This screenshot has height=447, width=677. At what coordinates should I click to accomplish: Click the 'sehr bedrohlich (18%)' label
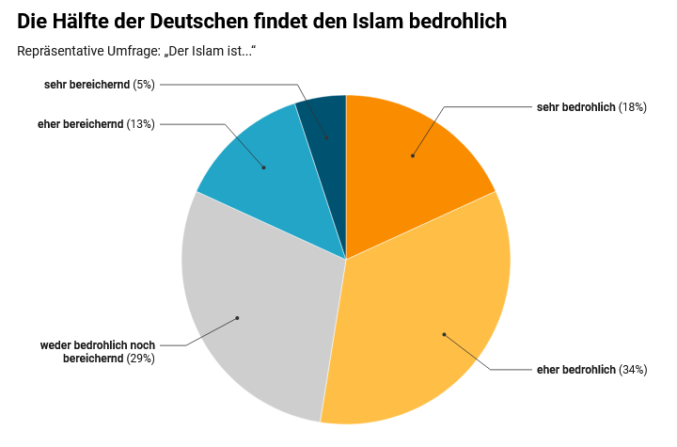coord(590,107)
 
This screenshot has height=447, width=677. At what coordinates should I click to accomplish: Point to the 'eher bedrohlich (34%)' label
coord(590,369)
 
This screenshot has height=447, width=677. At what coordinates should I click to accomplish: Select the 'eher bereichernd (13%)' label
coord(96,123)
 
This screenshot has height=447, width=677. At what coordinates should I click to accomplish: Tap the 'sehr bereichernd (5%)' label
coord(99,85)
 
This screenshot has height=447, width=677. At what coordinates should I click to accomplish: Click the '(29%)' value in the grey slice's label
coord(139,358)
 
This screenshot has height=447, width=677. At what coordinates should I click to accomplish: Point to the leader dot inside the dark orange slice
coord(412,155)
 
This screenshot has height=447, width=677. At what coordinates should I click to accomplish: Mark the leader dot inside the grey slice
coord(237,318)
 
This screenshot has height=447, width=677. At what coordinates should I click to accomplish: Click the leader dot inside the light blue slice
coord(263,168)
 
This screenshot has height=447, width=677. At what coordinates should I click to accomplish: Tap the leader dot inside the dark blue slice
coord(327,138)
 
